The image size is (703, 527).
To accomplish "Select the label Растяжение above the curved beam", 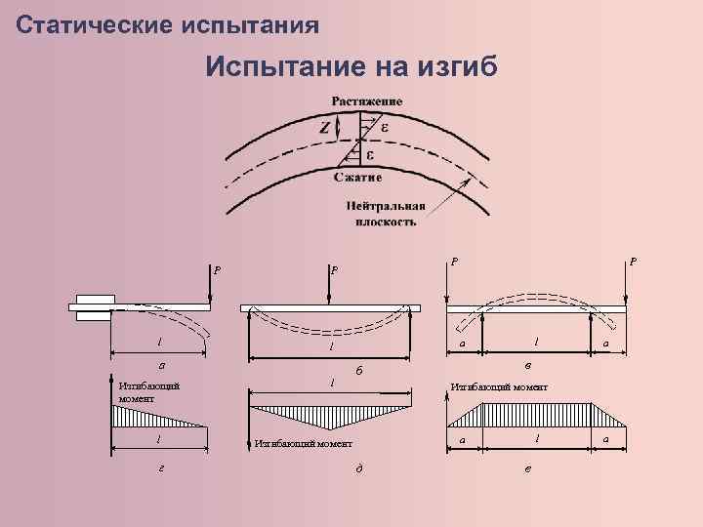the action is click(366, 101).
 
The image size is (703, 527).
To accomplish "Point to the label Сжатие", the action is click(357, 178).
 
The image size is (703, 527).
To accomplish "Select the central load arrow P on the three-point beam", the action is click(331, 284).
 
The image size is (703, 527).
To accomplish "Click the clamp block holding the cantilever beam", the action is click(95, 307).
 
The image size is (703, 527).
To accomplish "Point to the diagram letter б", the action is click(359, 371).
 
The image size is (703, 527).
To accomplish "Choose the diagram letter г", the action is click(161, 466).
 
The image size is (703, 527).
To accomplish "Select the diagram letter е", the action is click(528, 467).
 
